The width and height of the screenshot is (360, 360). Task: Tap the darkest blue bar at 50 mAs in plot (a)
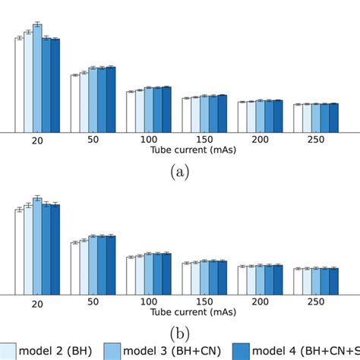111,99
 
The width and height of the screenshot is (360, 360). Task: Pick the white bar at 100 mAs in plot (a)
131,112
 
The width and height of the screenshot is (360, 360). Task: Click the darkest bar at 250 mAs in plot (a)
334,118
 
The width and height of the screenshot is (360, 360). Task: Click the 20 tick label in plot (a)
37,141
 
